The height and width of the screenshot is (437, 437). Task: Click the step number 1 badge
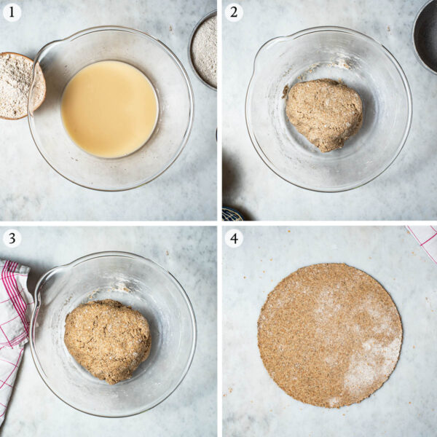coord(12,12)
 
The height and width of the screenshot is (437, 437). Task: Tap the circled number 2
coord(234,12)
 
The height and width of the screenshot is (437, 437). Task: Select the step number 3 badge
coord(12,239)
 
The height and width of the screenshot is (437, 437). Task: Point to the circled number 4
coord(234,239)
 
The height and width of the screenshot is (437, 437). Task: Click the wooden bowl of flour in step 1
coord(18,84)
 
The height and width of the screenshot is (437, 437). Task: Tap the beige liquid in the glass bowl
coord(109,108)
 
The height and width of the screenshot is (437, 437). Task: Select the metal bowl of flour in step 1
coord(205,50)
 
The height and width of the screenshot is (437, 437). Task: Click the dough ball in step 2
coord(323,113)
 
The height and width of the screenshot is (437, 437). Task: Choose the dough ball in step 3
coord(107,340)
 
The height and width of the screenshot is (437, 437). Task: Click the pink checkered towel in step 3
coord(13,320)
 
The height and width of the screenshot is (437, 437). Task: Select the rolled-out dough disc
coord(329,335)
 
